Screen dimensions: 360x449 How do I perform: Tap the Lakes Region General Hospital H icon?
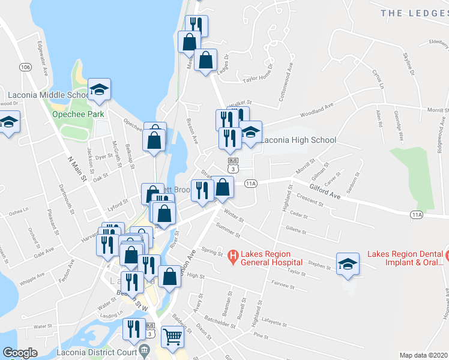[234, 256]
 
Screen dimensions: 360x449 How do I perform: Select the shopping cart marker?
[172, 338]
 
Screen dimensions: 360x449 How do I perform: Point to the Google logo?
[20, 353]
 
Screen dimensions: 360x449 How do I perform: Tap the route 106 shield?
[25, 67]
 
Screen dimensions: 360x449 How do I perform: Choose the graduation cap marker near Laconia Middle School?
[100, 91]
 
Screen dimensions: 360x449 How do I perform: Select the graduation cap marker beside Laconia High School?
[251, 133]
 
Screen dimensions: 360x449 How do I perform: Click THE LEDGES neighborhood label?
[414, 13]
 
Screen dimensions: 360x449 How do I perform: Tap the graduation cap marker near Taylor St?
[348, 263]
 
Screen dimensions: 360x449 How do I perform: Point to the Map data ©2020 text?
[423, 355]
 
